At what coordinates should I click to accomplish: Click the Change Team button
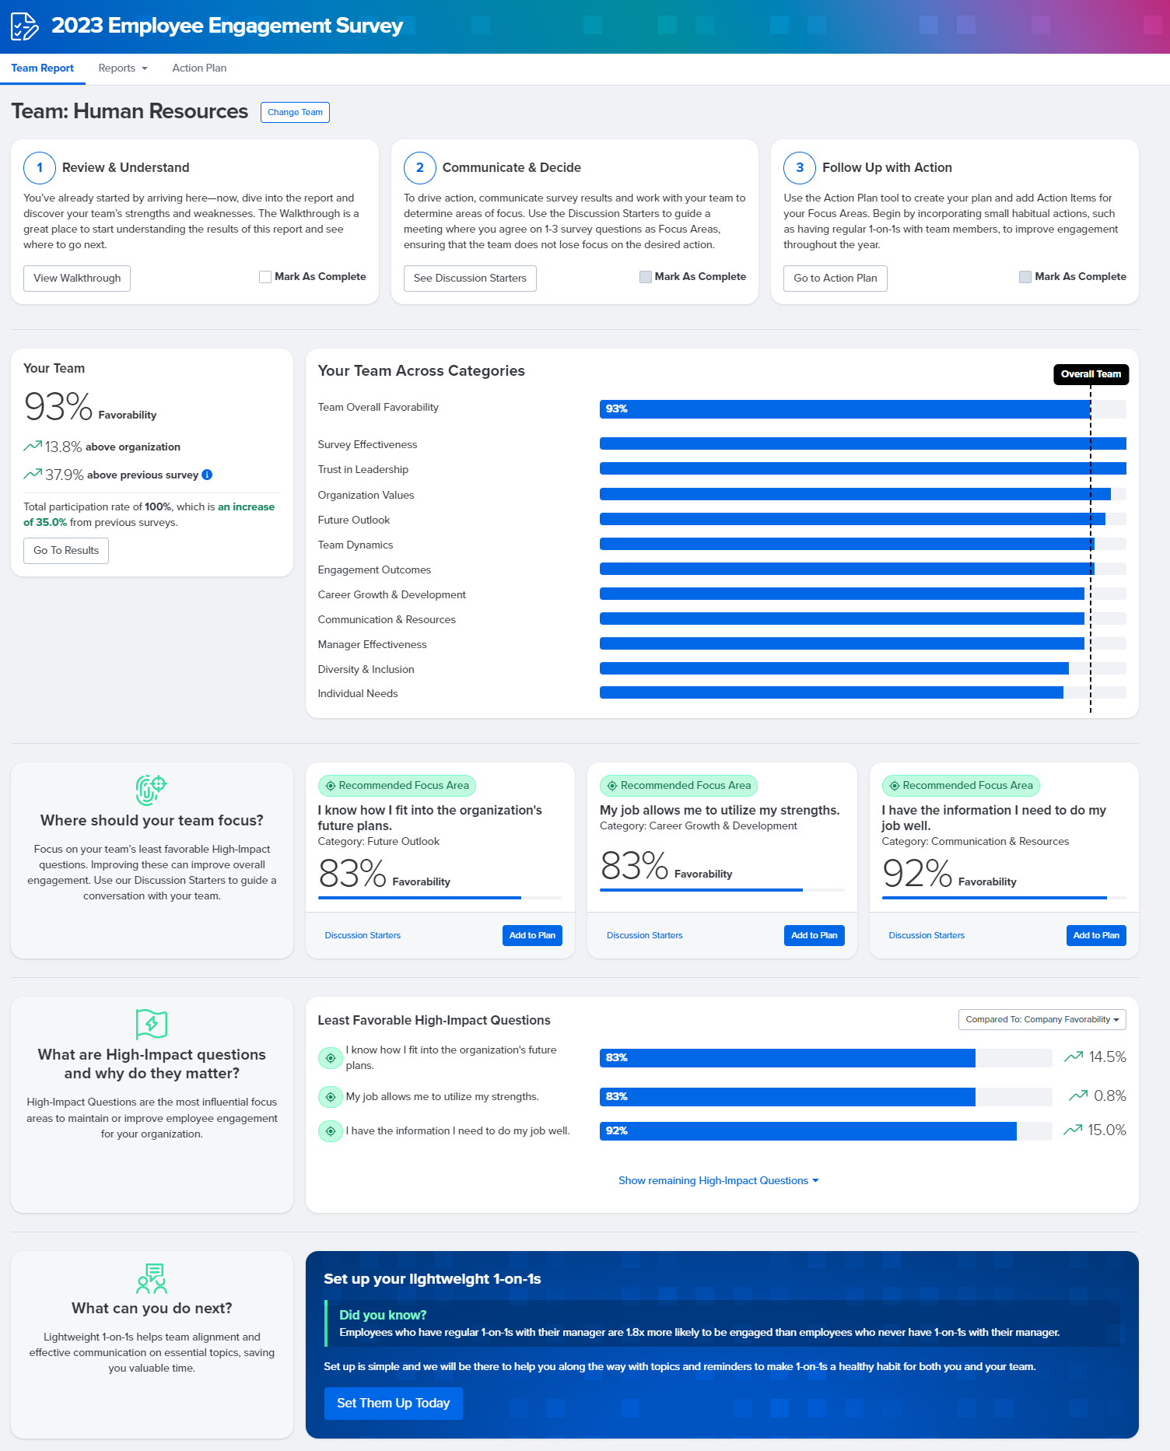295,112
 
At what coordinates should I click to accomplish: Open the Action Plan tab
199,68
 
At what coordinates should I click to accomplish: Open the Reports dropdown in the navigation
122,68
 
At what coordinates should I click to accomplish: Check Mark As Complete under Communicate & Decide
645,277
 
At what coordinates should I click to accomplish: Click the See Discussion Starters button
470,279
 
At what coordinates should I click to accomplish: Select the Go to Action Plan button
835,279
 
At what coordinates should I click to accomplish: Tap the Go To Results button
66,551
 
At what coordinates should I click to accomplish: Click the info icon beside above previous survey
207,475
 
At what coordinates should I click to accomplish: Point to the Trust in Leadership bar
862,469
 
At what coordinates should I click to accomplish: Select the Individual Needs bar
831,693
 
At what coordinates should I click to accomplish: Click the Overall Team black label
1091,374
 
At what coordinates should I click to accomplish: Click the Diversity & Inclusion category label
366,669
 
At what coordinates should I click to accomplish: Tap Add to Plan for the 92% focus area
1095,935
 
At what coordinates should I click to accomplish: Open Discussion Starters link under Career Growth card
644,935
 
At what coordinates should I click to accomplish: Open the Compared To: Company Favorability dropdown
1042,1019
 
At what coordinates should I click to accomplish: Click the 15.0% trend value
1106,1130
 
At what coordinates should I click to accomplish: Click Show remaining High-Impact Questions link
718,1180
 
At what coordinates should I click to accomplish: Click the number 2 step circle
419,167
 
